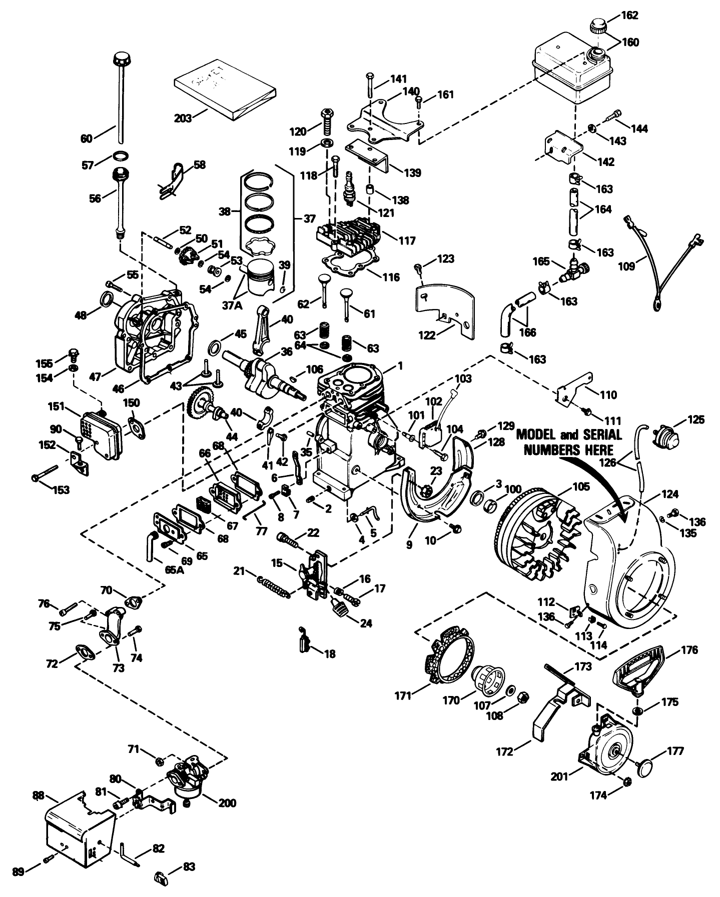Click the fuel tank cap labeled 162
pos(598,25)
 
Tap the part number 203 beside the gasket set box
pos(183,119)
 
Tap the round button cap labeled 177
pos(647,766)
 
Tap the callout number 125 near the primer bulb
pos(695,419)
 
